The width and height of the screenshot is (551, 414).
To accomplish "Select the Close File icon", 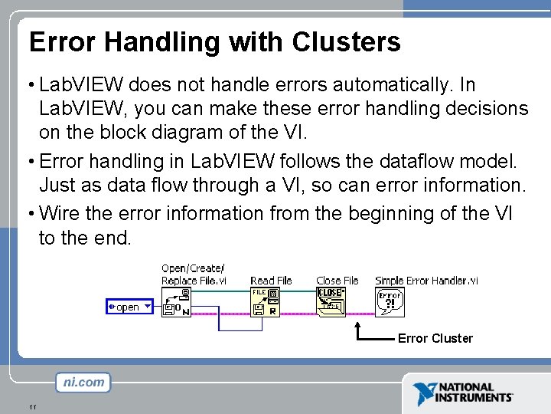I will (x=331, y=301).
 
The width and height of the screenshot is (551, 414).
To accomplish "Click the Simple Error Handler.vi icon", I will (x=390, y=301).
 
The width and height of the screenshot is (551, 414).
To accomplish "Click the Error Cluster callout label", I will (x=435, y=338).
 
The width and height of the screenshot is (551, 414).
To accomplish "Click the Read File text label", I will (x=271, y=281).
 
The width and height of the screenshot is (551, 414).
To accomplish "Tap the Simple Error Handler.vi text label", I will (x=426, y=281).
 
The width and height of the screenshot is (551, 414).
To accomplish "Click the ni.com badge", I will (x=83, y=382).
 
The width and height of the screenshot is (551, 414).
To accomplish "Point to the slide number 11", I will (x=32, y=406).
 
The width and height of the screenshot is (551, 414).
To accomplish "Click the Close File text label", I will (x=337, y=281).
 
